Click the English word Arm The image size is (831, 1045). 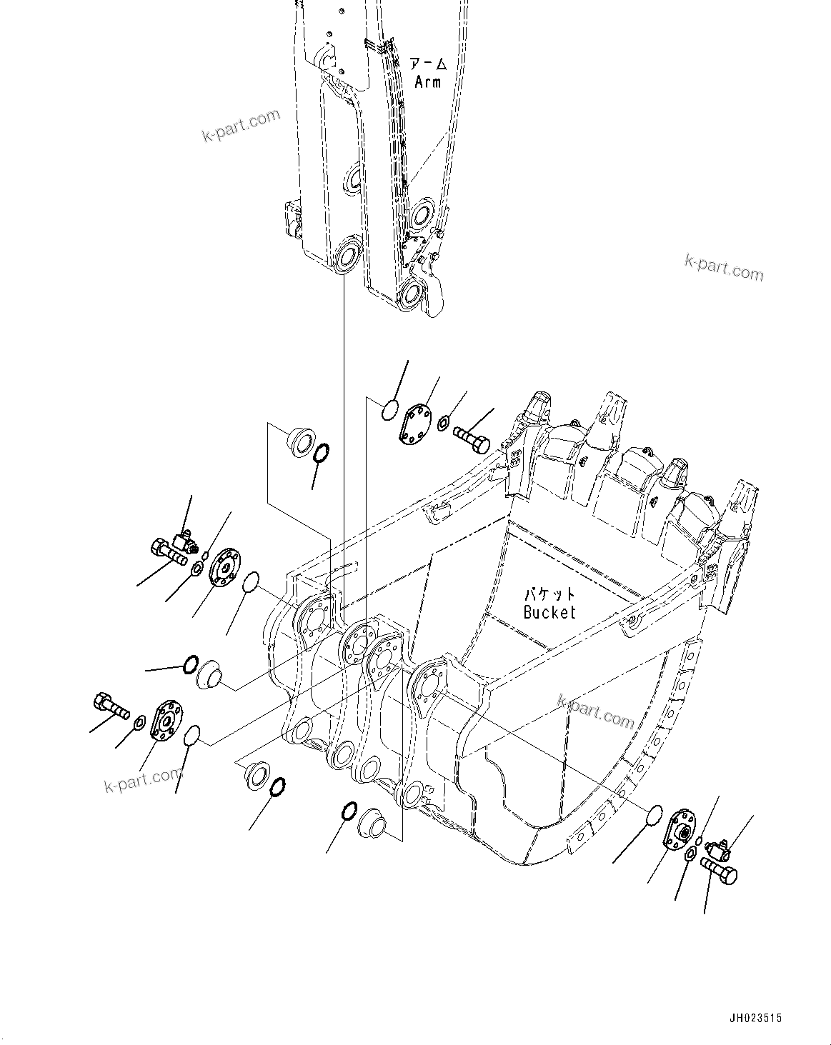point(428,81)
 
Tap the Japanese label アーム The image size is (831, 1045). point(429,64)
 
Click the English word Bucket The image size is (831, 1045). point(549,611)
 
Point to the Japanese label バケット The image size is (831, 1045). point(549,594)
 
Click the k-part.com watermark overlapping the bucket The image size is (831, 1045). point(595,711)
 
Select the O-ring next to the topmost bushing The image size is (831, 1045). point(322,452)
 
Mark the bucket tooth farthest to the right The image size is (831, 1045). point(743,504)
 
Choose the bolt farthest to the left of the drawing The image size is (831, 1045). point(109,707)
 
